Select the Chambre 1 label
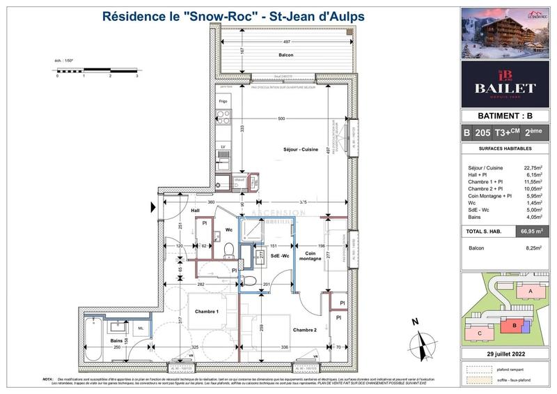click(207, 312)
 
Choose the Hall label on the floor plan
click(196, 211)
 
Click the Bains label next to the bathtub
click(107, 340)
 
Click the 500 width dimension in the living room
click(281, 119)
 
